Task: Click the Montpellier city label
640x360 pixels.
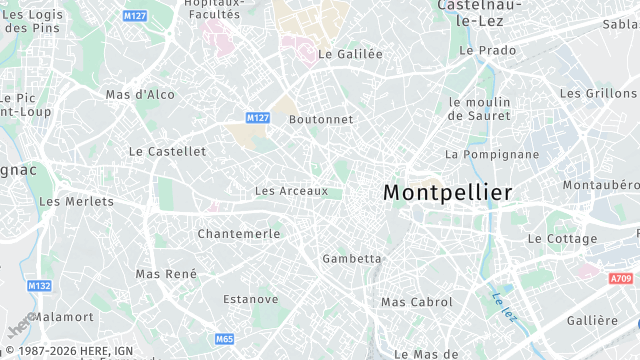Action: (x=447, y=191)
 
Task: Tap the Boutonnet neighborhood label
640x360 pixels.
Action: (x=321, y=119)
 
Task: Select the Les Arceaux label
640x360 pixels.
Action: (x=291, y=191)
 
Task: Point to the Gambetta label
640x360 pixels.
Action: (x=352, y=259)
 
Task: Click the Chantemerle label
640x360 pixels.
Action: (x=239, y=233)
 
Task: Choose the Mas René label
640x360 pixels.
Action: (x=166, y=274)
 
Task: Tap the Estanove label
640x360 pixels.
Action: (x=251, y=299)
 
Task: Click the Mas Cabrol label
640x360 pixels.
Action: (x=417, y=302)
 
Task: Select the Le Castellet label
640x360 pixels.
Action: (x=167, y=151)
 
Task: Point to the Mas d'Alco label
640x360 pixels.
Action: (x=140, y=95)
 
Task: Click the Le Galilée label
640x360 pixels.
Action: (x=350, y=55)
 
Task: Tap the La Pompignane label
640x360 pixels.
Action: (x=492, y=155)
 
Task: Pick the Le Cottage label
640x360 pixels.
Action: (x=562, y=239)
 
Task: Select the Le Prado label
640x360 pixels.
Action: (x=487, y=50)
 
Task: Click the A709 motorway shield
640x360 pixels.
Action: (x=620, y=279)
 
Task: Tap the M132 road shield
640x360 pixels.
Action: (x=39, y=286)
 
